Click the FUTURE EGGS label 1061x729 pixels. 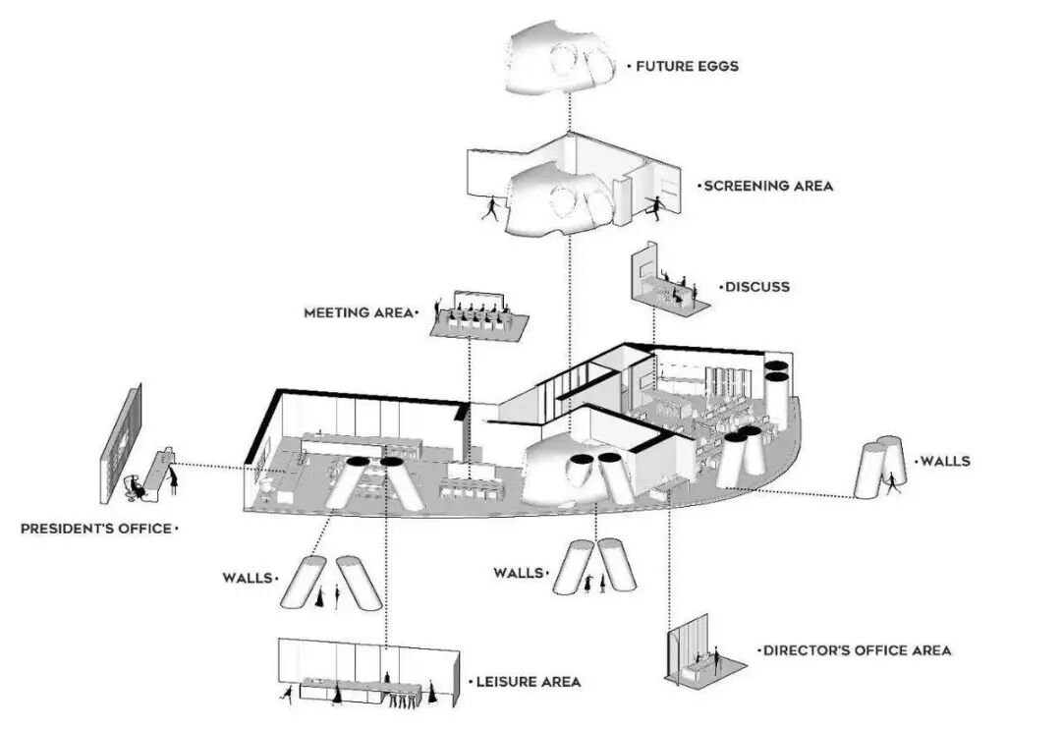pyautogui.click(x=687, y=67)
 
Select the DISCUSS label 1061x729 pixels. pyautogui.click(x=756, y=287)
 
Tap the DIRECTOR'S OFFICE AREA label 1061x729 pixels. pyautogui.click(x=857, y=650)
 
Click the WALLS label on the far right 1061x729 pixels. pyautogui.click(x=944, y=460)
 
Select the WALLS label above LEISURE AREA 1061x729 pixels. pyautogui.click(x=248, y=578)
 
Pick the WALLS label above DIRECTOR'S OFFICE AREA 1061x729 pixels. pyautogui.click(x=519, y=572)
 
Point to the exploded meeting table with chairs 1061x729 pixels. pyautogui.click(x=479, y=317)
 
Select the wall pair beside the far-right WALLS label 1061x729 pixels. pyautogui.click(x=880, y=467)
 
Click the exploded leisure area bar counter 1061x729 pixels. pyautogui.click(x=363, y=685)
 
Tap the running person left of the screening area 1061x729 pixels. pyautogui.click(x=490, y=207)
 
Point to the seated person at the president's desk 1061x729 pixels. pyautogui.click(x=137, y=484)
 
